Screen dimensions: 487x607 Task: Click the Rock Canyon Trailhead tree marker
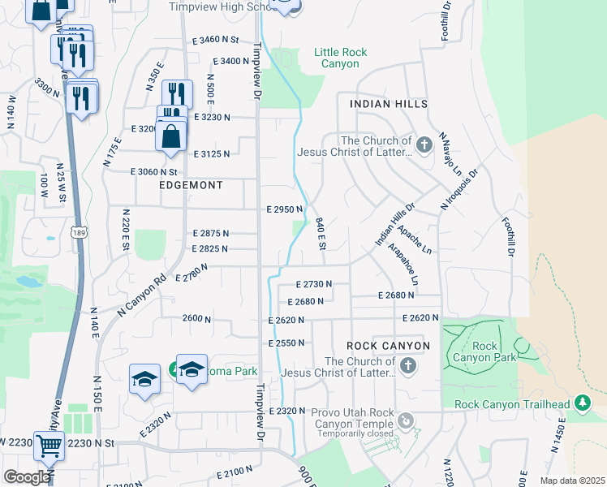(582, 403)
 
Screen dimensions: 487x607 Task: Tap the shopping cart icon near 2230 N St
(49, 445)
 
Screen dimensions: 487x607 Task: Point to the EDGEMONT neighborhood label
(192, 186)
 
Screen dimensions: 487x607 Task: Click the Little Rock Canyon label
(340, 58)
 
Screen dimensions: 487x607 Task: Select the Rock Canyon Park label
(484, 351)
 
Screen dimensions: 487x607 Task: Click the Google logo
(27, 476)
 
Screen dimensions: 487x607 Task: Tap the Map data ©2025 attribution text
(571, 481)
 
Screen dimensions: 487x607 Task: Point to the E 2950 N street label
(285, 209)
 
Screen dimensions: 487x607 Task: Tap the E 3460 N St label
(216, 39)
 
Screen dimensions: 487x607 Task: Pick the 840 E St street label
(321, 234)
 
